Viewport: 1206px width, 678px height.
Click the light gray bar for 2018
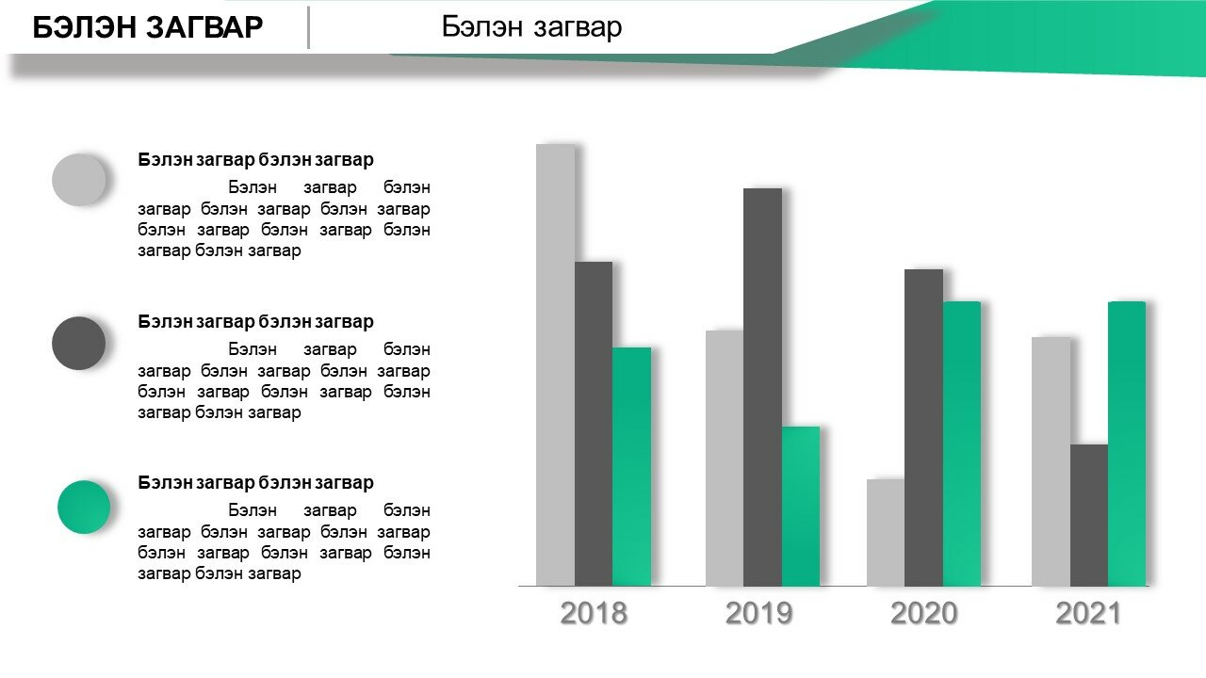(x=555, y=364)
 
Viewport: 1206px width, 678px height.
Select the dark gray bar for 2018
(x=594, y=424)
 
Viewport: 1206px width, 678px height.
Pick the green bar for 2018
(x=631, y=466)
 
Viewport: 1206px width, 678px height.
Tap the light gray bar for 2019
(x=725, y=458)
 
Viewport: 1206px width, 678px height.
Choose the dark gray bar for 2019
(x=763, y=387)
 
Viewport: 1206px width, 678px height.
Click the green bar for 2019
(x=801, y=507)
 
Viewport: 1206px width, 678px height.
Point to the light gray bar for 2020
(x=886, y=533)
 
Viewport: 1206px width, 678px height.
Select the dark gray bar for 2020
(x=924, y=428)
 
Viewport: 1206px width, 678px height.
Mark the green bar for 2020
(x=962, y=444)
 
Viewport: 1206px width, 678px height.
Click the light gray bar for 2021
(x=1051, y=461)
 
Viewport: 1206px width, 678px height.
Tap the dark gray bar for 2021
(x=1089, y=515)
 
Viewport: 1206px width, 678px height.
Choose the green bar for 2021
(x=1127, y=444)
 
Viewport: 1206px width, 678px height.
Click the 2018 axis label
(x=594, y=613)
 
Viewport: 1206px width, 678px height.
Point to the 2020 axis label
(x=924, y=613)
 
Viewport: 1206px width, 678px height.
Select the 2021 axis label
(x=1088, y=613)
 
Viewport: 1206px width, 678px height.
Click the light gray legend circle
(x=78, y=180)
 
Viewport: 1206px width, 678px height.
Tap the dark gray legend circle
(x=78, y=344)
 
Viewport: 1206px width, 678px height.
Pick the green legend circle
(x=84, y=507)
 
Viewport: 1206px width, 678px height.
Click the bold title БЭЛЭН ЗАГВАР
(x=148, y=27)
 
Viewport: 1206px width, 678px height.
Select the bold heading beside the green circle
(x=255, y=483)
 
